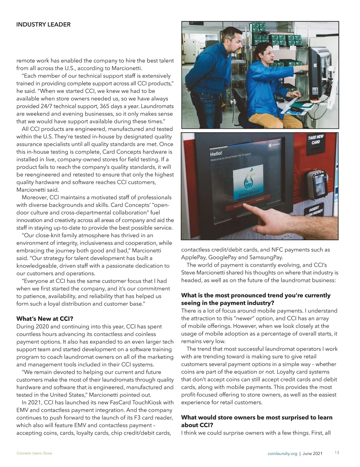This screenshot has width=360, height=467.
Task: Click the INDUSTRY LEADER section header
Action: [x=43, y=25]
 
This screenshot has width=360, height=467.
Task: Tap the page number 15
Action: [x=337, y=453]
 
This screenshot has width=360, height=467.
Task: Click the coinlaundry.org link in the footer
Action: [x=282, y=454]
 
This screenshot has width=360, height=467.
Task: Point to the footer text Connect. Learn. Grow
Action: [x=34, y=453]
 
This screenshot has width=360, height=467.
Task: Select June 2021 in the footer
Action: [x=313, y=454]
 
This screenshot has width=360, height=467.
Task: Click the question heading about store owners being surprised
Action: [x=257, y=421]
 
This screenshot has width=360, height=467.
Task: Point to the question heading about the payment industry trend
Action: [x=256, y=299]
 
